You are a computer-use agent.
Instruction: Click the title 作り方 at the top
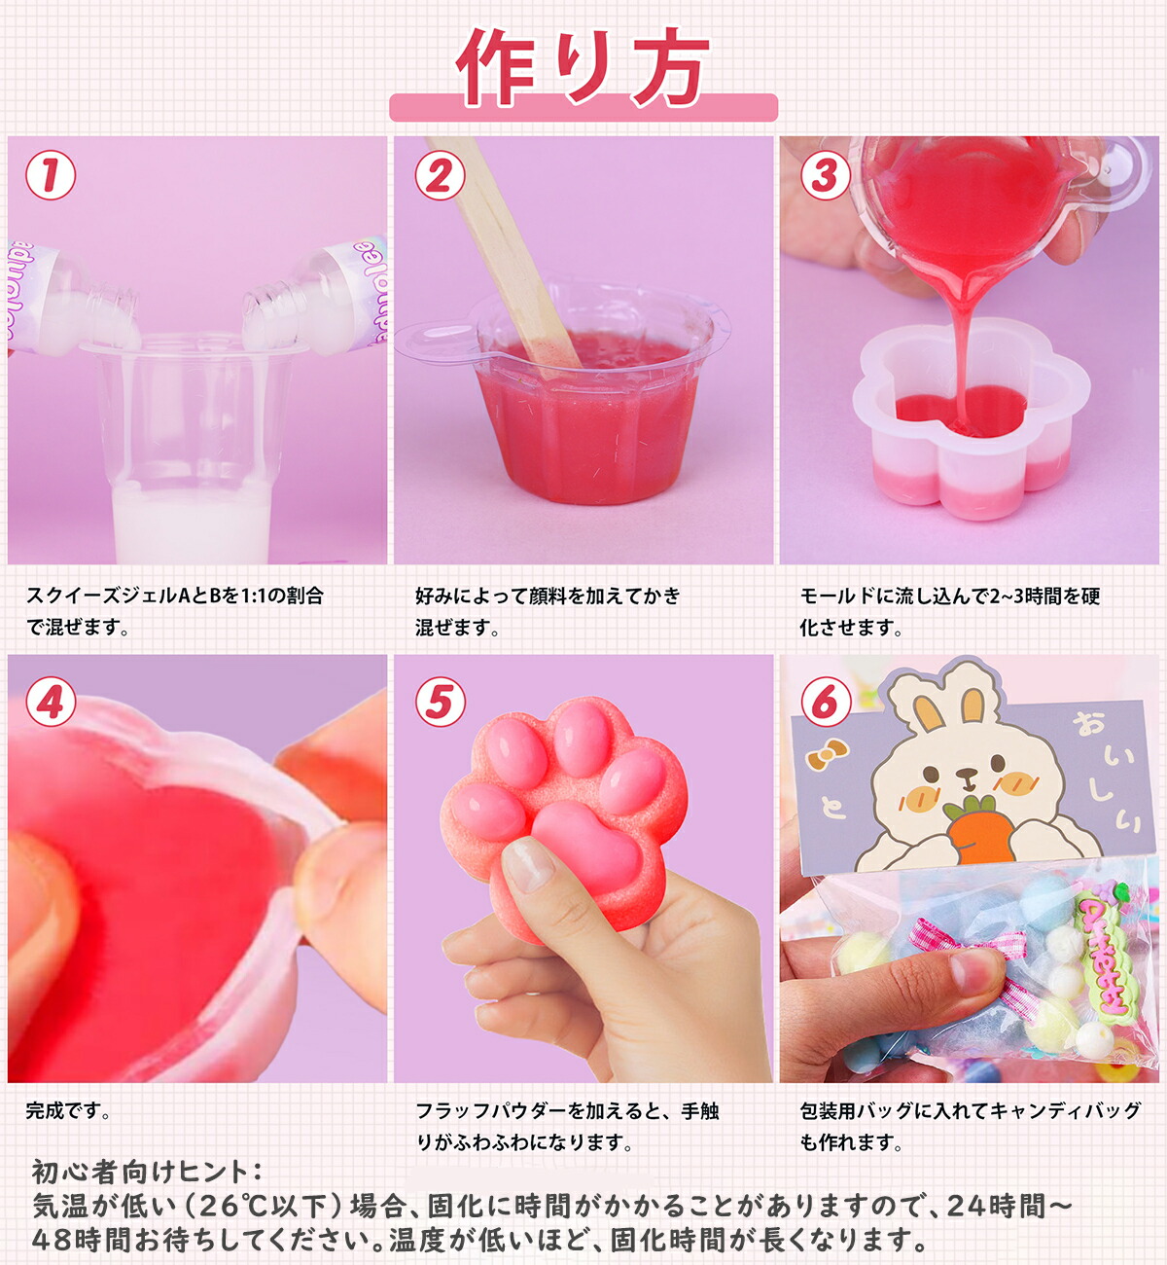(583, 67)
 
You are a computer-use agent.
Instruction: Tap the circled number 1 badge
(51, 175)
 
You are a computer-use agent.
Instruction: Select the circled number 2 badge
(440, 175)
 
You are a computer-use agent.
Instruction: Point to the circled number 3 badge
(826, 175)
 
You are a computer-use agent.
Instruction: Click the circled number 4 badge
(51, 702)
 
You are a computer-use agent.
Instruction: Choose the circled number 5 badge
(440, 702)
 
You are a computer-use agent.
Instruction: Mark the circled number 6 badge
(826, 702)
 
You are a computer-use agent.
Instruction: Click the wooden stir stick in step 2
(503, 255)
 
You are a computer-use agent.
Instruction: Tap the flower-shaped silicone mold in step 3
(971, 420)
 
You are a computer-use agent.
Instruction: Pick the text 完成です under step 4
(67, 1111)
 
